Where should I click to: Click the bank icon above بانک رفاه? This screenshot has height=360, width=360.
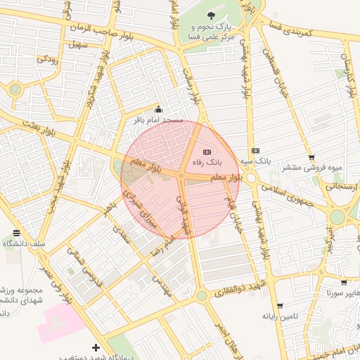[207, 152]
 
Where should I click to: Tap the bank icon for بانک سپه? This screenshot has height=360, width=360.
[255, 150]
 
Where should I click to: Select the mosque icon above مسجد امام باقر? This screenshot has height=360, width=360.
[158, 110]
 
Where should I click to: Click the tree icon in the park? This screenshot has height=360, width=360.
[212, 15]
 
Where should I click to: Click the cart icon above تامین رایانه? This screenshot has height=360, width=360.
[281, 306]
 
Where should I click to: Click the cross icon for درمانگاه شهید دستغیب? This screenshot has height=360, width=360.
[96, 347]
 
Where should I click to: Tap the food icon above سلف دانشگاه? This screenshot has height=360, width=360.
[16, 233]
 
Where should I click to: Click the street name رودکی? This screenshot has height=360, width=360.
[47, 59]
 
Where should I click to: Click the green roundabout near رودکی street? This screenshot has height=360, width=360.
[15, 89]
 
